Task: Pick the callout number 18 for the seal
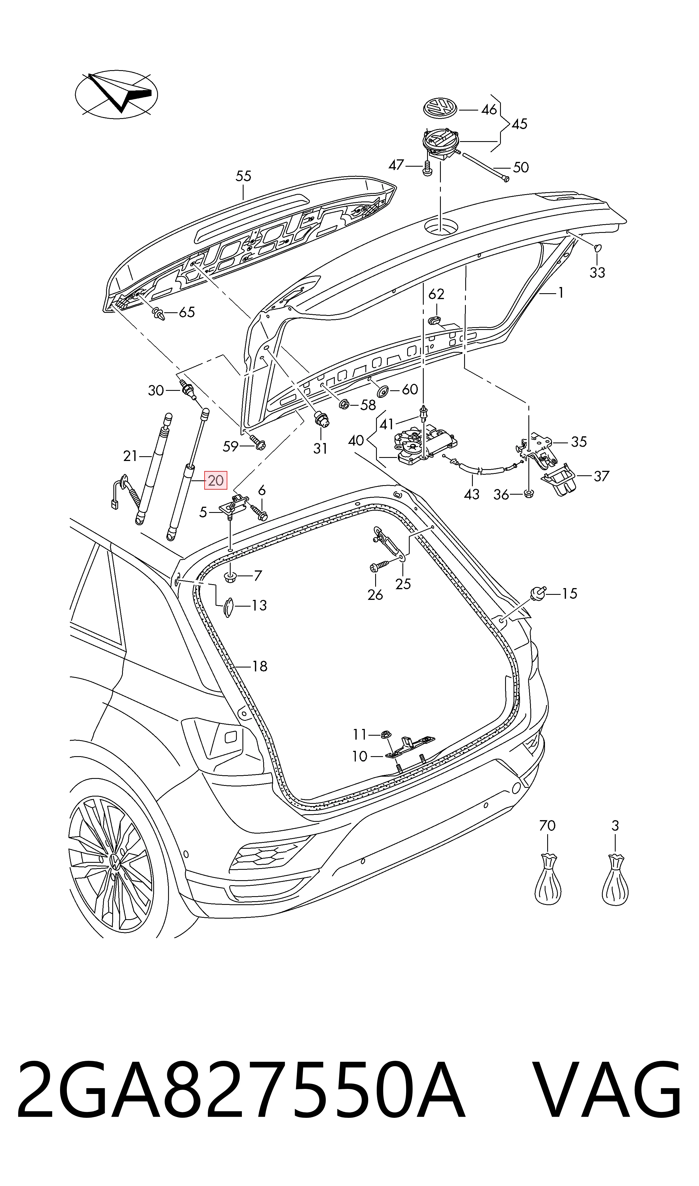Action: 260,666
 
